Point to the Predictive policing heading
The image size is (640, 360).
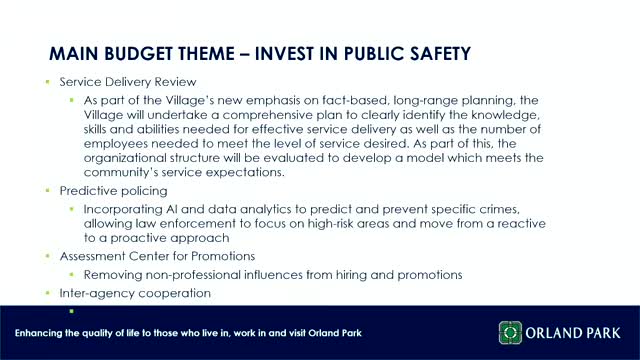tap(113, 189)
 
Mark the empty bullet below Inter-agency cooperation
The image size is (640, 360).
tap(72, 310)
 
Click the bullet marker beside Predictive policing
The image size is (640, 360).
tap(47, 189)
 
